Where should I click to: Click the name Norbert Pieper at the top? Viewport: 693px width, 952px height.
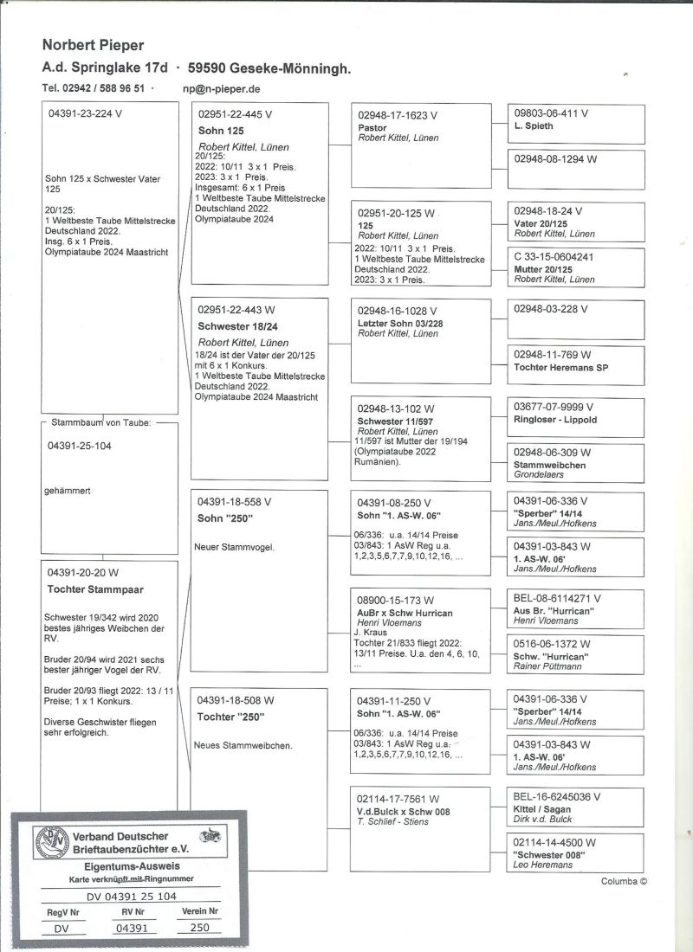[93, 45]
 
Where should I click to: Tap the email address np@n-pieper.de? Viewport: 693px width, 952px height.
[222, 88]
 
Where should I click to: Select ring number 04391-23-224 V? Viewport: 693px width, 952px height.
[85, 113]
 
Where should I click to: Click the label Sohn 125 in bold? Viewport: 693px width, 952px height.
[221, 130]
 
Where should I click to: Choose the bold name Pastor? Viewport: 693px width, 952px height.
[372, 126]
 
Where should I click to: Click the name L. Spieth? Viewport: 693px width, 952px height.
[534, 126]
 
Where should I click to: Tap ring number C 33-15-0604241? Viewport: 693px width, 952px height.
[554, 257]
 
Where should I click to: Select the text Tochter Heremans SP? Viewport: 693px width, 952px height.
[561, 367]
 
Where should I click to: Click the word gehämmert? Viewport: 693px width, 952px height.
[68, 491]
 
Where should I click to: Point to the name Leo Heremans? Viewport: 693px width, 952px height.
[543, 865]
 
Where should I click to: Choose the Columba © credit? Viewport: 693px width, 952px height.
[624, 882]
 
